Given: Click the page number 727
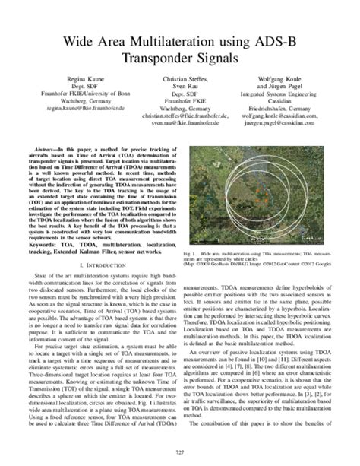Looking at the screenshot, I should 180,454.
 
